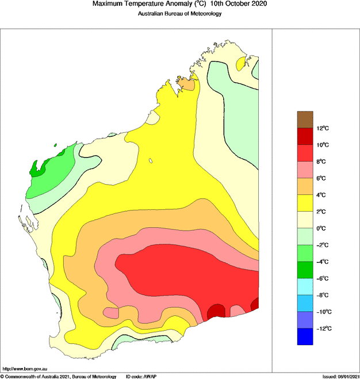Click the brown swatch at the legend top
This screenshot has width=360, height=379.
tap(305, 119)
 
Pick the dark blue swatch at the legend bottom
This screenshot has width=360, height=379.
tap(305, 336)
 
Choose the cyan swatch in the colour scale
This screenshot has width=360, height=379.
tap(305, 286)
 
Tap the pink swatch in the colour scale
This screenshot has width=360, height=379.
tap(305, 169)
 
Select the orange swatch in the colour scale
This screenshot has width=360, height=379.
tap(305, 186)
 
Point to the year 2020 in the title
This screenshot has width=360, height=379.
tap(258, 5)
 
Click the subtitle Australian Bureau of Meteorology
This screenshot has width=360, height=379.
tap(179, 14)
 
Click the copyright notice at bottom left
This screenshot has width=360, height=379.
tap(58, 376)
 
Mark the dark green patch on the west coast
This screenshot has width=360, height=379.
tap(40, 169)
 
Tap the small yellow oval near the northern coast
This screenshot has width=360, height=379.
tap(240, 66)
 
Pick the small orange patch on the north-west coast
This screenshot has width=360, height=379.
tap(187, 84)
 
